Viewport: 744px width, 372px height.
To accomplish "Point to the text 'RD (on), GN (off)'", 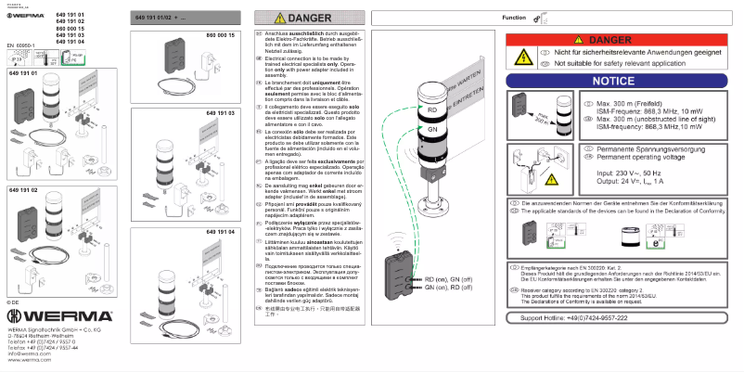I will [455, 279].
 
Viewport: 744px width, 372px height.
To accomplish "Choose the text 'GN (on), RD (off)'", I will [455, 288].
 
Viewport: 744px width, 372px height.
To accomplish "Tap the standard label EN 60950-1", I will [22, 44].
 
